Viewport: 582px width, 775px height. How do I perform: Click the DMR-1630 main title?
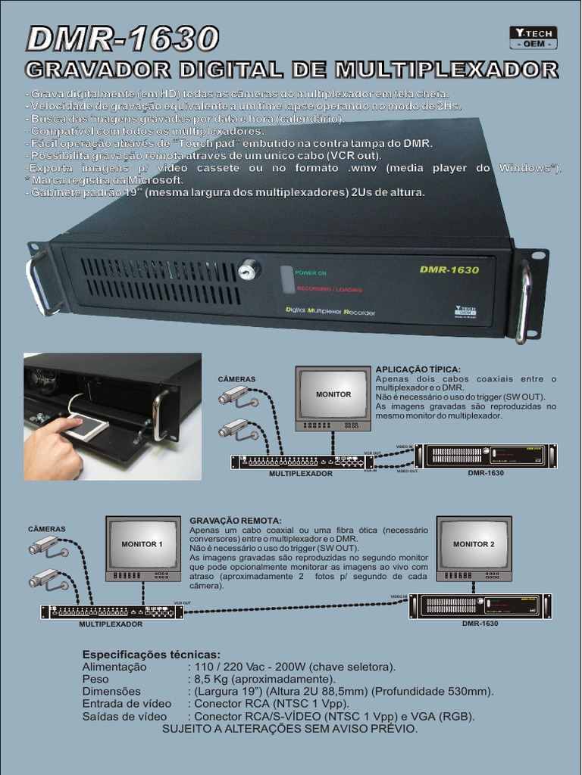(122, 39)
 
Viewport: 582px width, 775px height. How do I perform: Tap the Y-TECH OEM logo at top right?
(533, 37)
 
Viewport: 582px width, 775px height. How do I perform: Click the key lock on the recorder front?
(248, 269)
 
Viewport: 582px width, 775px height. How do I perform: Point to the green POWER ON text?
(311, 272)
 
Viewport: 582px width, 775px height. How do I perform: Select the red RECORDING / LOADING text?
(329, 289)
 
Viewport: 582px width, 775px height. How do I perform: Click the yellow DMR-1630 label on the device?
(449, 269)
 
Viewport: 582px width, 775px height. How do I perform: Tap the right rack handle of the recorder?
(523, 301)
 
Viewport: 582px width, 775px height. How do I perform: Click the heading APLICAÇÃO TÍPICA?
(418, 369)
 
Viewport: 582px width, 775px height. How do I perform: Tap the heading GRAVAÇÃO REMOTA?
(235, 521)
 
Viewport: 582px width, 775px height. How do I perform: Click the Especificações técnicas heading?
(152, 654)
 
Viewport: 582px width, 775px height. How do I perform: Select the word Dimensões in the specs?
(111, 691)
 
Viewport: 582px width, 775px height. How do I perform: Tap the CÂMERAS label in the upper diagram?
(236, 378)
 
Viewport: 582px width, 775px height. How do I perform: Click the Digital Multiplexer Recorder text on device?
(330, 310)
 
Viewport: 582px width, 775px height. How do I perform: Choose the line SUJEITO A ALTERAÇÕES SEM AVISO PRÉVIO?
(289, 729)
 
